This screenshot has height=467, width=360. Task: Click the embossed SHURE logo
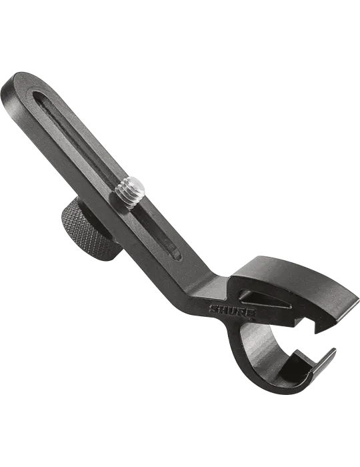[x=232, y=312]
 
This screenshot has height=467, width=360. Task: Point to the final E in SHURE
[x=251, y=314]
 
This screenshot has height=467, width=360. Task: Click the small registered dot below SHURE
[x=253, y=320]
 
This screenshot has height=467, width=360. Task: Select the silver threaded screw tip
[x=130, y=192]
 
